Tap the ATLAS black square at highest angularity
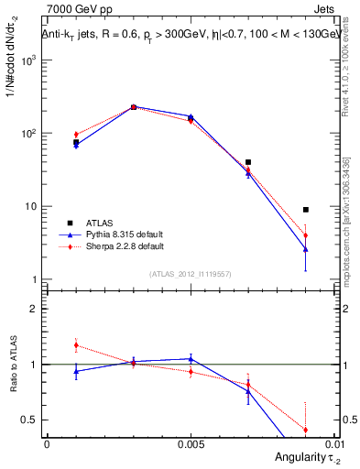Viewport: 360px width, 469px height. pyautogui.click(x=306, y=210)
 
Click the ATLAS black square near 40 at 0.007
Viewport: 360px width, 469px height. pyautogui.click(x=248, y=162)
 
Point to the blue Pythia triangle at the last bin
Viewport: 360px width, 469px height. pyautogui.click(x=306, y=249)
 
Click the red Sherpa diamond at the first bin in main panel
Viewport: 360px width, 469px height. pyautogui.click(x=76, y=135)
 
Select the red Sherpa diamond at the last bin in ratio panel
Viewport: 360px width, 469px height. pyautogui.click(x=306, y=430)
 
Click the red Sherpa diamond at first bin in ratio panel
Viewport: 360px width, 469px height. pyautogui.click(x=76, y=345)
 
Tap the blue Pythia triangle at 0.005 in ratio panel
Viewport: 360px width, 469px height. pyautogui.click(x=191, y=358)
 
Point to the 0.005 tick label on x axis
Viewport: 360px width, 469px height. pyautogui.click(x=191, y=443)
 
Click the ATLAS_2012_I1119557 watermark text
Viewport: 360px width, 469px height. pyautogui.click(x=191, y=274)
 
